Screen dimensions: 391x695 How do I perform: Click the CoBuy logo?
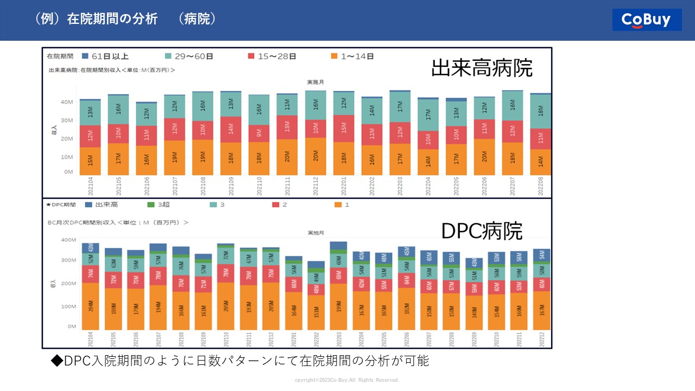(x=647, y=20)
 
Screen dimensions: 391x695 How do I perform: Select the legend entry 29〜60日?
(x=188, y=56)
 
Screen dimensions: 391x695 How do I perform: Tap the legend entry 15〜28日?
(x=271, y=56)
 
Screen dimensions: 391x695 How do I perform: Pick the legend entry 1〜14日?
(x=353, y=56)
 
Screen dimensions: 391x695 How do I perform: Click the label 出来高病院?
(x=482, y=68)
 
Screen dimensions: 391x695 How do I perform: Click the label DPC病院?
(x=482, y=231)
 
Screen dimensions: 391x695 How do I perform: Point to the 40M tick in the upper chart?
(x=67, y=102)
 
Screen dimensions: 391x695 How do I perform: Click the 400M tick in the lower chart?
(x=68, y=239)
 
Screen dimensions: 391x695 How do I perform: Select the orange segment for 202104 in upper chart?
(x=90, y=161)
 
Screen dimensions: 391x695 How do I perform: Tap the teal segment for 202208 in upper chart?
(x=540, y=111)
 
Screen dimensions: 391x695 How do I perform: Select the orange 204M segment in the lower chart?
(x=90, y=306)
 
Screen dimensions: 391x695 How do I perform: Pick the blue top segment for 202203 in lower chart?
(x=338, y=245)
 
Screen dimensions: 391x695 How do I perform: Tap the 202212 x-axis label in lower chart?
(x=541, y=340)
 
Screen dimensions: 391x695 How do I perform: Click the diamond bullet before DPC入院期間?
(x=57, y=361)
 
